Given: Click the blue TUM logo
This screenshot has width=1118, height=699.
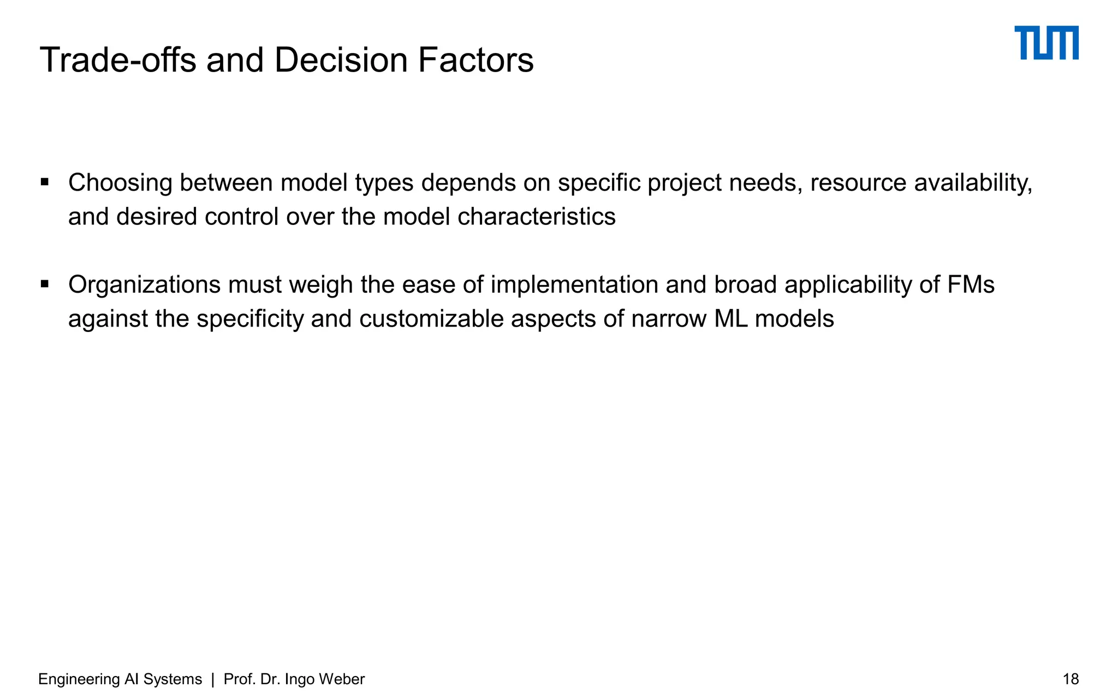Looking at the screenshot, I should click(x=1046, y=43).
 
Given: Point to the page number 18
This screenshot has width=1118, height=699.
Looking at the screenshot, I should click(x=1071, y=679).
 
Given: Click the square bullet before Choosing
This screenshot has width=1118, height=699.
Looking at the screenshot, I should click(x=45, y=182).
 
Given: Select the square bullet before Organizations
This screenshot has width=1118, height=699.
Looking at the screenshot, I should click(x=45, y=284).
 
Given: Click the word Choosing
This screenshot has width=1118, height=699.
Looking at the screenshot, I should click(x=120, y=183).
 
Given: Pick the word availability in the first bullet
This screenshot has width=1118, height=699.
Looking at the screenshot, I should click(x=973, y=183).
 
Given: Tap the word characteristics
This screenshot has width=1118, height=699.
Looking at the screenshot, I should click(x=536, y=217).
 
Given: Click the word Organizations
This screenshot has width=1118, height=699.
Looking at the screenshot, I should click(x=144, y=285).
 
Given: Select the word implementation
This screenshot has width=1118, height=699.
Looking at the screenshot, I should click(x=574, y=285).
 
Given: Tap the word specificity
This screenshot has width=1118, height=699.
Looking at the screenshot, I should click(x=249, y=319).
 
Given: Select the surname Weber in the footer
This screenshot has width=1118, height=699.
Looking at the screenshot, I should click(x=341, y=679).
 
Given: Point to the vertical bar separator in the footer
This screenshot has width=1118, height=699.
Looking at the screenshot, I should click(x=213, y=679).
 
